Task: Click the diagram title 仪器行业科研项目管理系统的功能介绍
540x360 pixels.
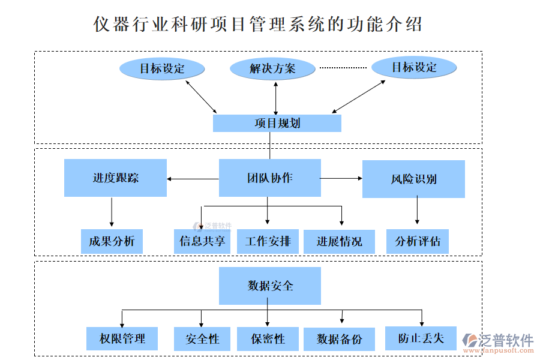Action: (x=258, y=25)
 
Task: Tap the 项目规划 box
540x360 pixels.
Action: (x=277, y=124)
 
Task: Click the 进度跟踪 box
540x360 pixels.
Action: (x=115, y=178)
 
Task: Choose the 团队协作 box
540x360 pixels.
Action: (x=269, y=178)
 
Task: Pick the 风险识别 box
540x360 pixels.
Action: (x=413, y=179)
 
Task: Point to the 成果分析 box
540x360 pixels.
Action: (x=112, y=242)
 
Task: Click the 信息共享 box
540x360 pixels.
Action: (x=202, y=242)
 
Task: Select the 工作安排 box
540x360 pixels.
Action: (x=268, y=242)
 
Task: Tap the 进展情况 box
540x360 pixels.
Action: (x=339, y=242)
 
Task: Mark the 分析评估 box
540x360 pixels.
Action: (x=417, y=242)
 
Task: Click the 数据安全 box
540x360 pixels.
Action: (x=269, y=286)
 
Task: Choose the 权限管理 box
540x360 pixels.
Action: (x=122, y=339)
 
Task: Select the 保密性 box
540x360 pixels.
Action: (x=268, y=339)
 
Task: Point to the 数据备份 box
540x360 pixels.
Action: (x=339, y=339)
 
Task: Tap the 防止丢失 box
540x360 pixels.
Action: (x=421, y=338)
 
